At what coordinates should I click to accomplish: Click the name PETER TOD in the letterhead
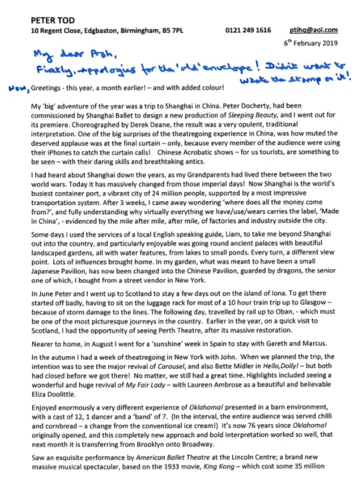(x=51, y=20)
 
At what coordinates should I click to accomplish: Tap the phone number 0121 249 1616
(x=248, y=31)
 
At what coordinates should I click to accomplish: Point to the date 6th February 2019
(x=311, y=42)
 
